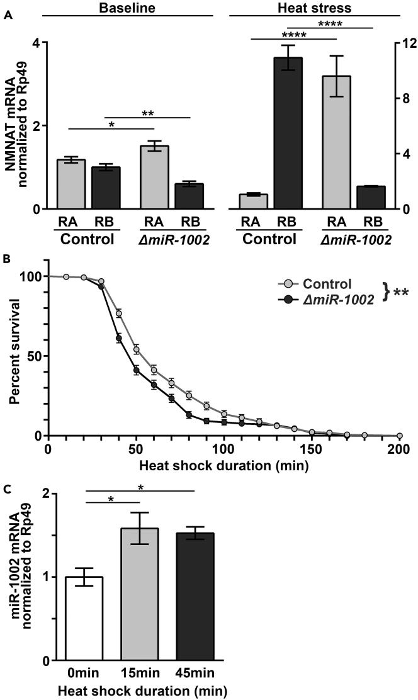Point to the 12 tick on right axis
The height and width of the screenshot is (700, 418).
click(400, 43)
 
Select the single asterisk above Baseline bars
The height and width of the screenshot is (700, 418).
click(111, 124)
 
